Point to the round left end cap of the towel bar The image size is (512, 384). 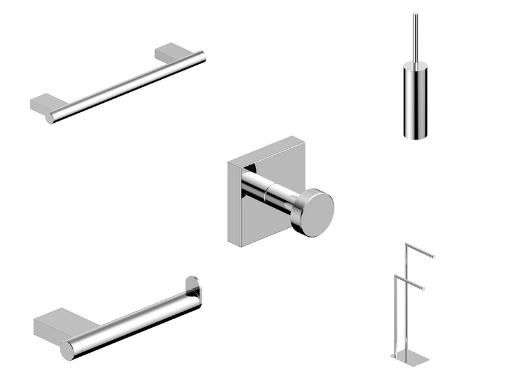50,118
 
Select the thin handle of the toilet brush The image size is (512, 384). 414,37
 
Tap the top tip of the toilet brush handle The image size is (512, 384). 414,14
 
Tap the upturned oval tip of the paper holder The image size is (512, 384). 193,289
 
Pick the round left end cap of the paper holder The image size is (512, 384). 67,350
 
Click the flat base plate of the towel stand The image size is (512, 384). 409,358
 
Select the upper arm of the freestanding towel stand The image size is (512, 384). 420,249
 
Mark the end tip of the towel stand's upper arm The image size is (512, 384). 434,256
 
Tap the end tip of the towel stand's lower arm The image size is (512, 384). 423,289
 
